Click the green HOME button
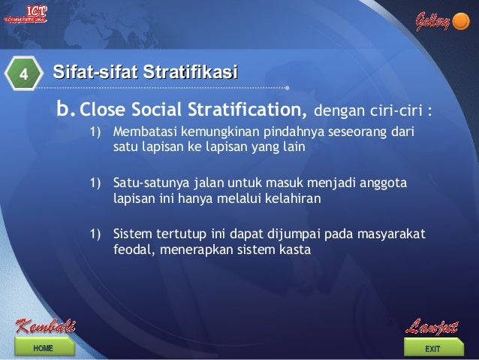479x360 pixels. (x=43, y=348)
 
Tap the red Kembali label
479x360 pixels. (x=45, y=327)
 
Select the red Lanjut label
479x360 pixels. (x=431, y=327)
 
